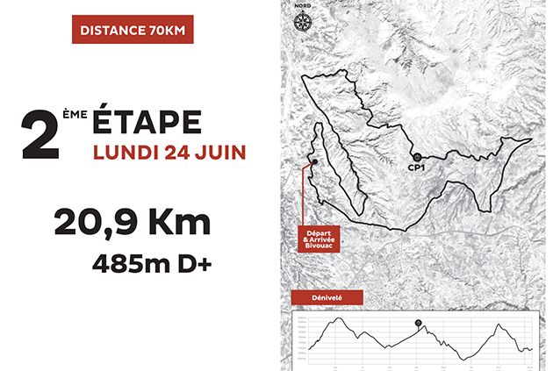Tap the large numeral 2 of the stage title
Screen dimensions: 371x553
click(x=39, y=136)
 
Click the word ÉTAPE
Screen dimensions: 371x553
click(x=147, y=123)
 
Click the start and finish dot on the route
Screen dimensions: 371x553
click(x=312, y=161)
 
